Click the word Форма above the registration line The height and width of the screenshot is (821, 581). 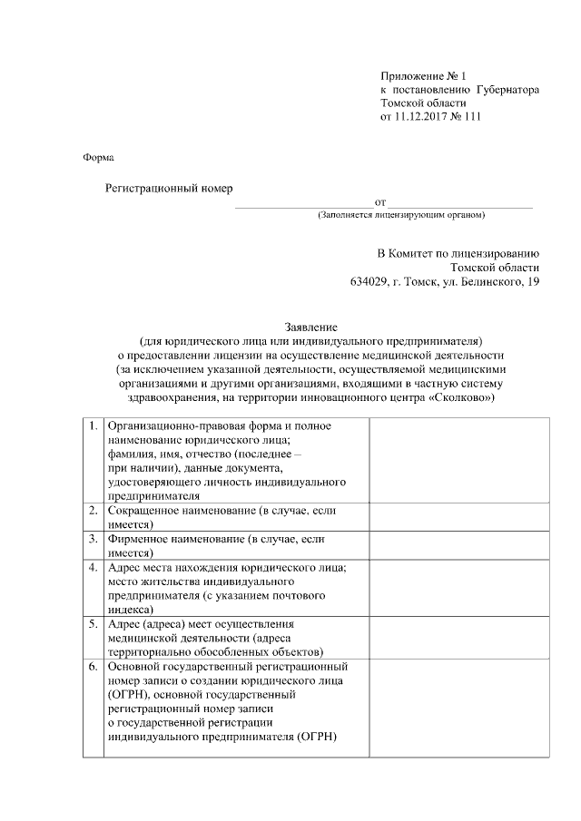pyautogui.click(x=98, y=157)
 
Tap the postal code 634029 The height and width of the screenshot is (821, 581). pyautogui.click(x=368, y=283)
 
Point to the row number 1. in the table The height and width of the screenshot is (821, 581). pyautogui.click(x=94, y=425)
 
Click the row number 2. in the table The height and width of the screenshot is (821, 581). pyautogui.click(x=94, y=511)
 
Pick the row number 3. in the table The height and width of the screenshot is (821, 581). pyautogui.click(x=94, y=539)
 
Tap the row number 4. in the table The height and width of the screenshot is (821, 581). pyautogui.click(x=94, y=567)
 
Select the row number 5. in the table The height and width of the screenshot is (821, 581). pyautogui.click(x=94, y=624)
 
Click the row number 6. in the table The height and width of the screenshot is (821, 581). pyautogui.click(x=94, y=667)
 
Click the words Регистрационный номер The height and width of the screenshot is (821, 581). pyautogui.click(x=169, y=188)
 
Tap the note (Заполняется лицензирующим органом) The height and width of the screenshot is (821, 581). pyautogui.click(x=401, y=215)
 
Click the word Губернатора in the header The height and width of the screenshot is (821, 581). pyautogui.click(x=507, y=91)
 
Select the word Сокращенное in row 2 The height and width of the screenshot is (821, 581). pyautogui.click(x=142, y=511)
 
